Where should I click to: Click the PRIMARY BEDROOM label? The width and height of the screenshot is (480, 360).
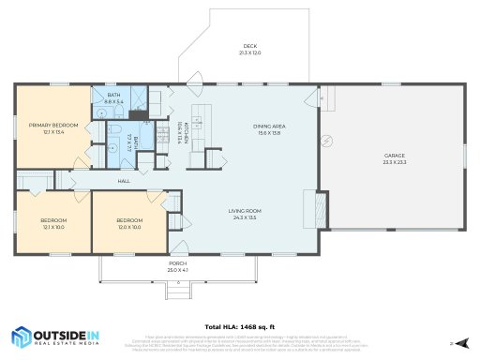click(x=52, y=125)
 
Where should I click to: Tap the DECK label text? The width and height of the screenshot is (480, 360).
click(x=250, y=46)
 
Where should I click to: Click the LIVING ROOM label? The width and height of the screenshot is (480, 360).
click(x=244, y=211)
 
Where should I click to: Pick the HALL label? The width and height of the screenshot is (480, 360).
click(x=123, y=181)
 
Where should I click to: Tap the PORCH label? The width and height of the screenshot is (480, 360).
click(x=177, y=263)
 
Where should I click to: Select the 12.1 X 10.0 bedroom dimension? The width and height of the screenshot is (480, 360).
click(x=52, y=227)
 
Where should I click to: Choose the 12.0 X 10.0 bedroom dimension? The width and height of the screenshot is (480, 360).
click(x=128, y=227)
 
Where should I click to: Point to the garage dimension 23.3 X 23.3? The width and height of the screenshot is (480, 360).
click(x=394, y=162)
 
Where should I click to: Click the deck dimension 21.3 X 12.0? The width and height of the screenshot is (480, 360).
click(x=250, y=52)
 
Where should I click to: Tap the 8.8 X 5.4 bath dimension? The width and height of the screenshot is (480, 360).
click(x=113, y=101)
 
